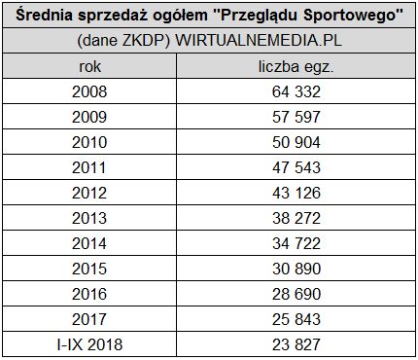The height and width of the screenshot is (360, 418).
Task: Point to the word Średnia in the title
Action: pos(47,16)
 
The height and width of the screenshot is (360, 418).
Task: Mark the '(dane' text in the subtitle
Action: pos(94,43)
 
